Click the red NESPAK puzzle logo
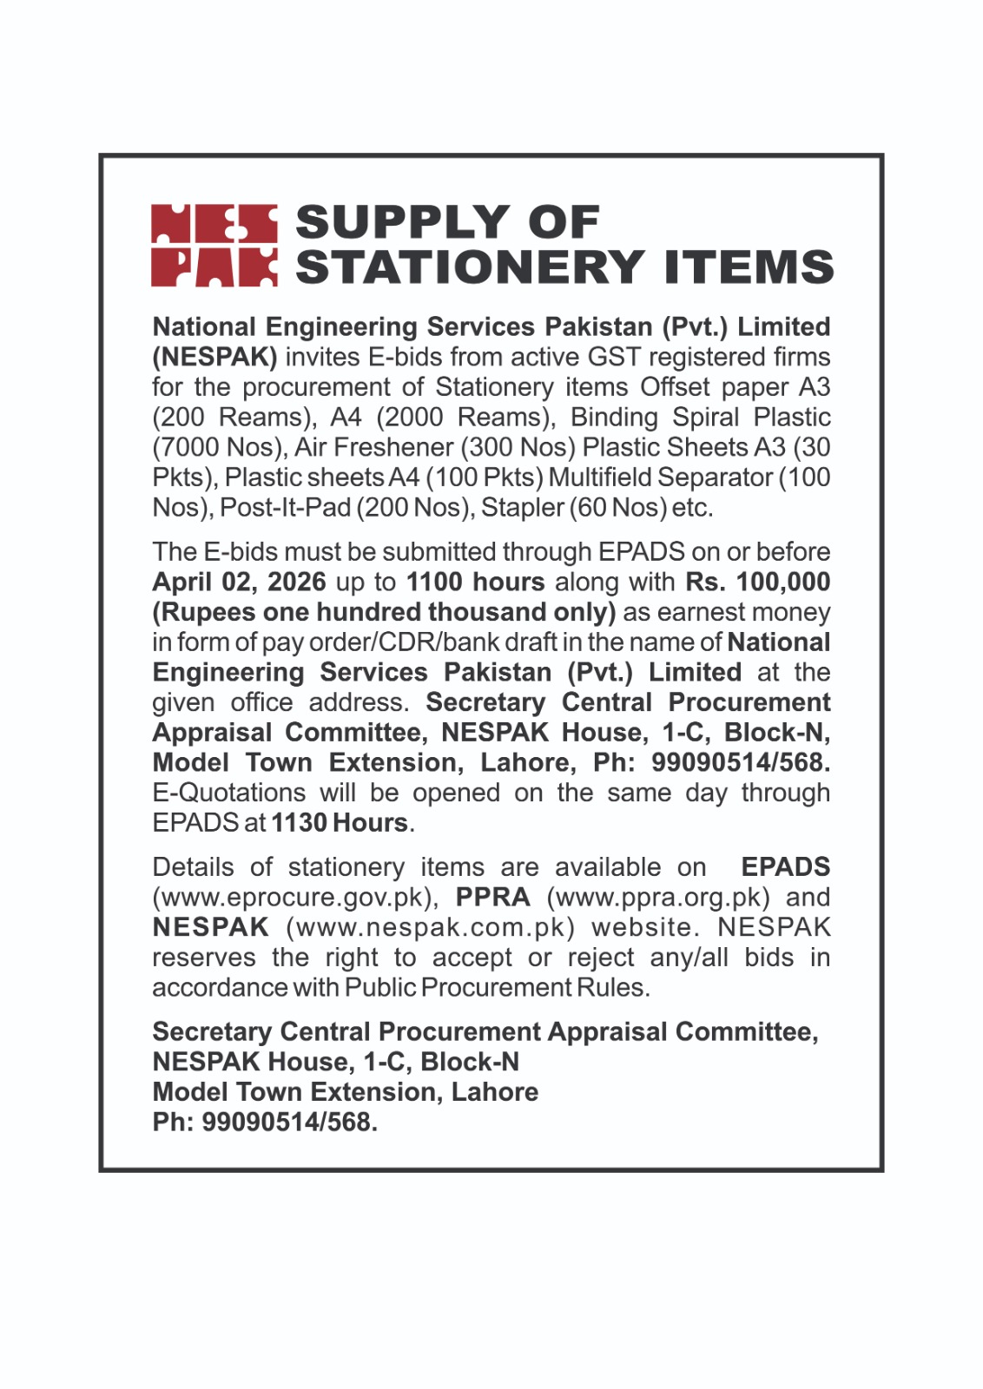(x=214, y=246)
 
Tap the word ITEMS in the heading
(x=749, y=267)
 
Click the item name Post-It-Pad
(x=286, y=508)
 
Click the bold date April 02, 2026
(x=239, y=583)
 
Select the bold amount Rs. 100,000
(x=757, y=583)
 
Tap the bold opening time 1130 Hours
(x=340, y=823)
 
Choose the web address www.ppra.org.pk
(x=658, y=898)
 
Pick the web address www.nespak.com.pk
(x=431, y=928)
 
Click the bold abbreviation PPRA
(x=492, y=898)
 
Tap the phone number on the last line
(x=289, y=1122)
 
